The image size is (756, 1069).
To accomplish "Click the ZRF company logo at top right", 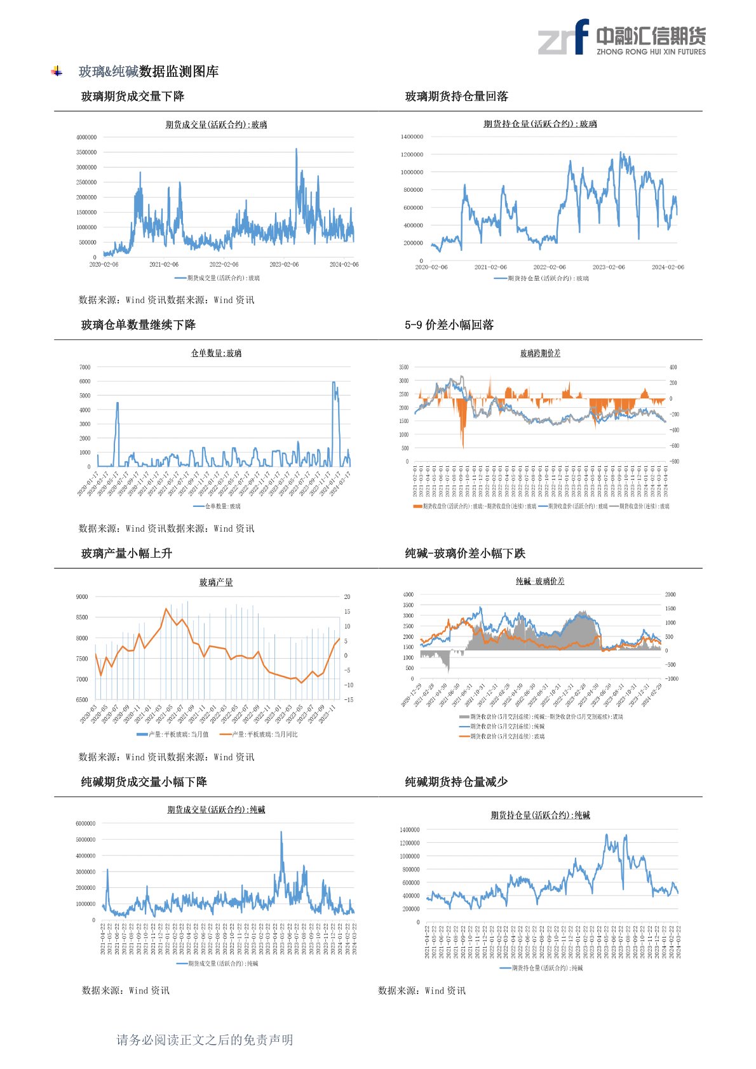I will (x=621, y=37).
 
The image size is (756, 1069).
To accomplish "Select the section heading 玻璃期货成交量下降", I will (x=133, y=97).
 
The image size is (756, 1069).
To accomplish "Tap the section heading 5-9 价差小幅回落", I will (x=449, y=325).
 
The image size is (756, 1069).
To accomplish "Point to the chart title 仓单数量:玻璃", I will (x=216, y=353).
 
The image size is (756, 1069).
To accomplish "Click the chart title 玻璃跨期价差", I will (x=540, y=353).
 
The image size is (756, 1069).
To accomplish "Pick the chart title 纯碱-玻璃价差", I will (x=540, y=581).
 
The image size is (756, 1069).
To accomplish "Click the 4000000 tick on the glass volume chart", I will (x=86, y=137).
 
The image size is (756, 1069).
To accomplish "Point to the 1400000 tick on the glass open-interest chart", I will (x=412, y=137).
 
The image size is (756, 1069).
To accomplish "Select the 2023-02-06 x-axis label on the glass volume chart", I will (x=284, y=264).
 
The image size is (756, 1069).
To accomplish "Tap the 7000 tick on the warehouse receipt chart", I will (x=85, y=367).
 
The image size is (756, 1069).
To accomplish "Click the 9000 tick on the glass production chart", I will (x=82, y=597).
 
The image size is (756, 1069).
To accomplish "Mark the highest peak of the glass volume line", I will (x=296, y=150).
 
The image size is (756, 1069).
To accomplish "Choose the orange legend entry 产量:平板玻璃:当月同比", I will (x=259, y=734).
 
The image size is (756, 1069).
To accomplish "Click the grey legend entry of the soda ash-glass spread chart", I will (x=541, y=716).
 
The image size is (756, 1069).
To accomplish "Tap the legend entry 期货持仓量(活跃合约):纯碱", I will (x=541, y=968).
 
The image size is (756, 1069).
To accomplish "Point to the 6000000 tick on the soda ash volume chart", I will (x=85, y=824).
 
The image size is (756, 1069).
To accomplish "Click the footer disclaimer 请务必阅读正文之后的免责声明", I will (x=205, y=1040).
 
